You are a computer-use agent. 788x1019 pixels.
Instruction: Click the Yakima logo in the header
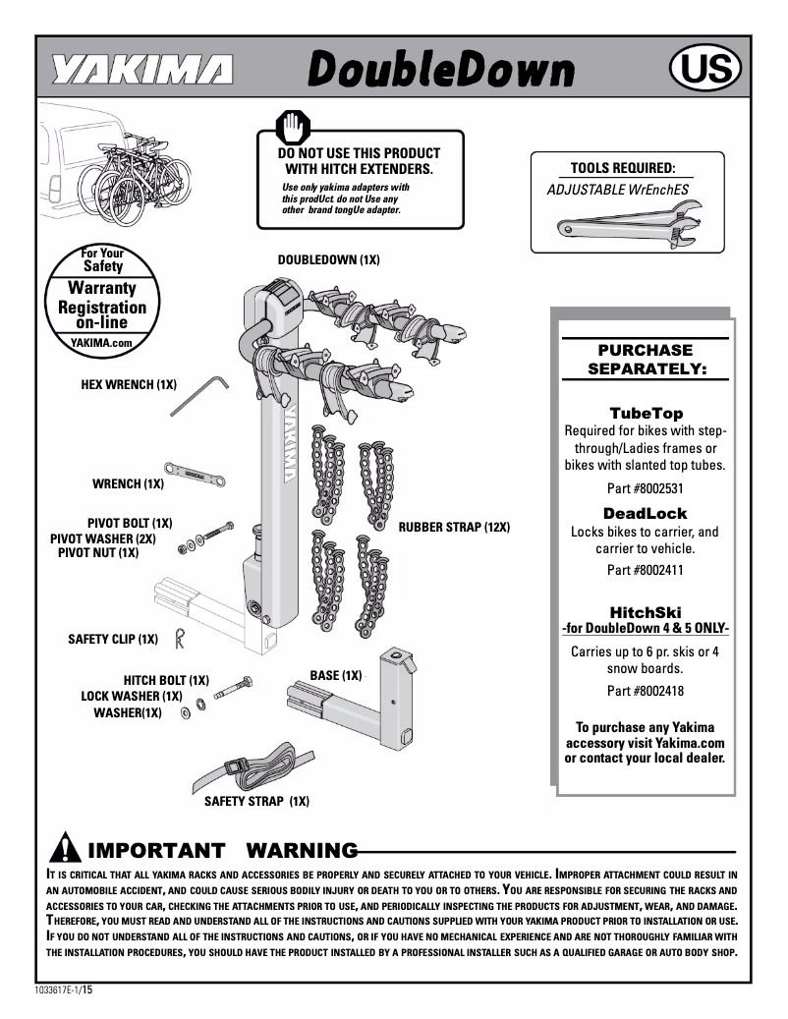click(142, 71)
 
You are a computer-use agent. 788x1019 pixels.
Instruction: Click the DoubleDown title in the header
click(440, 70)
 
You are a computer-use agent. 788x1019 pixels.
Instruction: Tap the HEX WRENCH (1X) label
click(128, 384)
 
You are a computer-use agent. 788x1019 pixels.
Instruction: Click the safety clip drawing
click(179, 639)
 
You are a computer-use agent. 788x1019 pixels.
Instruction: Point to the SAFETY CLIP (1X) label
click(113, 640)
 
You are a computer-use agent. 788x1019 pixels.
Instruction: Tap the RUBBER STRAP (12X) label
click(454, 528)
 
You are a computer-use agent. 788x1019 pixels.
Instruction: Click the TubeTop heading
click(645, 414)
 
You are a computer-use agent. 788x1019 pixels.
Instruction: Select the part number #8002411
click(645, 570)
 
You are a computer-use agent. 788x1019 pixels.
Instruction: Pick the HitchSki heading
click(645, 611)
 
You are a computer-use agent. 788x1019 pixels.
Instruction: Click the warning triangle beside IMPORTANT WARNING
click(64, 847)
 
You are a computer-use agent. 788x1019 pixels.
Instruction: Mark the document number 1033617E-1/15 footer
click(64, 991)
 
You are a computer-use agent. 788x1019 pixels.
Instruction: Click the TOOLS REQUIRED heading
click(623, 168)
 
